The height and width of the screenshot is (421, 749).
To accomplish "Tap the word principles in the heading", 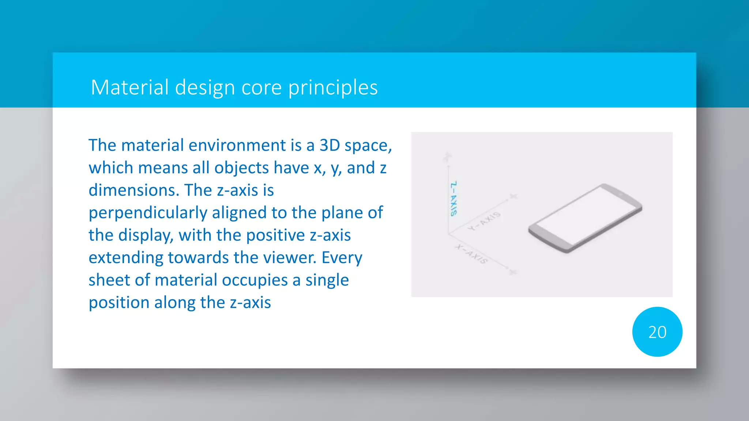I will coord(332,88).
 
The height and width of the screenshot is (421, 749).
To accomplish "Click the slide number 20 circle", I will coord(657,332).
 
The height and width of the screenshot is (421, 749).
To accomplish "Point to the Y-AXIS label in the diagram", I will coord(485,221).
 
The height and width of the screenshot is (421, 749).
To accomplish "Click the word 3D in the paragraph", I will coord(330,145).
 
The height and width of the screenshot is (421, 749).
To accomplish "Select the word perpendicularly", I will coord(148,213).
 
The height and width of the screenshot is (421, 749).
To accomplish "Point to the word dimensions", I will coord(134,190).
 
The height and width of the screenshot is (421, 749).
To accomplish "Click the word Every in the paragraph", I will coord(342,258).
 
